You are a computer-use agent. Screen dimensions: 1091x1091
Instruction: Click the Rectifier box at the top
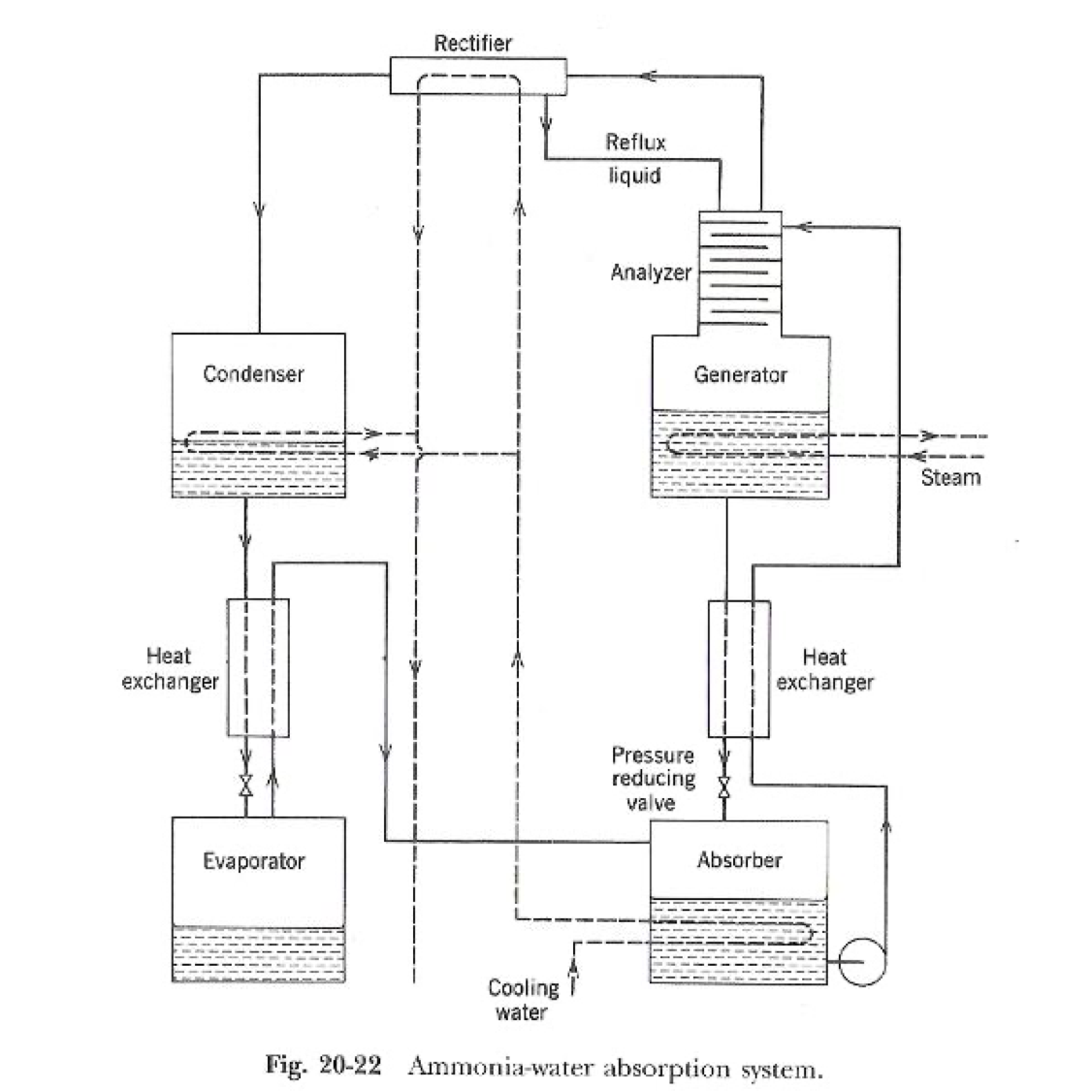pyautogui.click(x=478, y=76)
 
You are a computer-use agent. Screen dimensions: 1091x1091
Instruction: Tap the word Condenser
pyautogui.click(x=253, y=374)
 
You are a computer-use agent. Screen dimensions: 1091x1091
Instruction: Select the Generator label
pyautogui.click(x=740, y=374)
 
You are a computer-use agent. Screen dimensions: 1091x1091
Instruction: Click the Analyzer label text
pyautogui.click(x=651, y=273)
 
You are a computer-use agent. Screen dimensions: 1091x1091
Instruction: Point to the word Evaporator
pyautogui.click(x=253, y=861)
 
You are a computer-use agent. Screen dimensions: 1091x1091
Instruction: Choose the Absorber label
pyautogui.click(x=739, y=860)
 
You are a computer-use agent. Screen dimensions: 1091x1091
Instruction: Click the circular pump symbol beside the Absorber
pyautogui.click(x=862, y=961)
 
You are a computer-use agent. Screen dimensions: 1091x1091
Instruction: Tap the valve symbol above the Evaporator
pyautogui.click(x=246, y=784)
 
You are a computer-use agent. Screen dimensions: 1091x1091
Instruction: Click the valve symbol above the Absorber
pyautogui.click(x=723, y=784)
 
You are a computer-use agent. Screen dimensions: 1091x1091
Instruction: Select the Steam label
pyautogui.click(x=949, y=477)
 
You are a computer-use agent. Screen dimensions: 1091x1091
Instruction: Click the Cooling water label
pyautogui.click(x=523, y=1000)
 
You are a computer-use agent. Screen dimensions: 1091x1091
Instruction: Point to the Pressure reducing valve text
pyautogui.click(x=653, y=779)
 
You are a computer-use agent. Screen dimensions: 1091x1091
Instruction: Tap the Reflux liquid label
pyautogui.click(x=635, y=159)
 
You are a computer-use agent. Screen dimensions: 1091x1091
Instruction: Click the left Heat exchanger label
pyautogui.click(x=170, y=669)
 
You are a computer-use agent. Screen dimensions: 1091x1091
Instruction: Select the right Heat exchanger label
pyautogui.click(x=824, y=669)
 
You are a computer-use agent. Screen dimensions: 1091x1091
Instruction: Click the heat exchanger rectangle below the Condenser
pyautogui.click(x=258, y=667)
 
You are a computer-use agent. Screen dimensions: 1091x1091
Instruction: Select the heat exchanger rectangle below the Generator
pyautogui.click(x=739, y=669)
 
